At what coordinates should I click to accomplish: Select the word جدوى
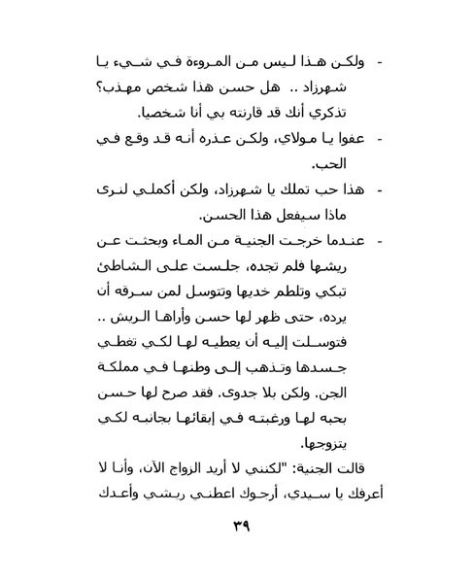click(x=240, y=411)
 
